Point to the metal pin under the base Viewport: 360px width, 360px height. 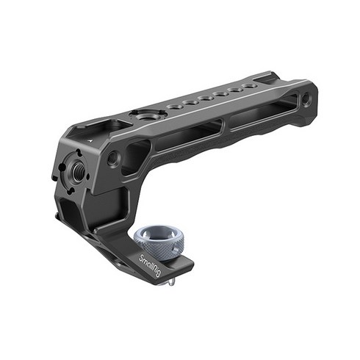click(170, 281)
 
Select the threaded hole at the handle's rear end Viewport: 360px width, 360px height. click(306, 99)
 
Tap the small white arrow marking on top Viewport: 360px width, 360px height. click(91, 140)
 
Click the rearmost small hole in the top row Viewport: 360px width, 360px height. click(249, 86)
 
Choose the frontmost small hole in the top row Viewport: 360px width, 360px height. click(173, 107)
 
